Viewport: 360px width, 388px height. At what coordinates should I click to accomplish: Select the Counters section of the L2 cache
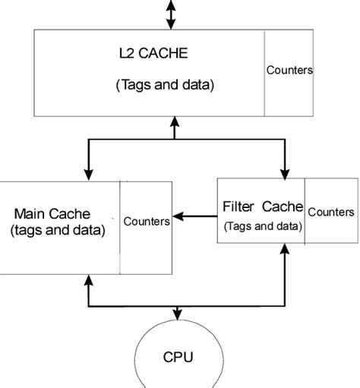tap(289, 71)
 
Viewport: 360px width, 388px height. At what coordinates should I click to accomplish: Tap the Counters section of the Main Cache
tap(146, 222)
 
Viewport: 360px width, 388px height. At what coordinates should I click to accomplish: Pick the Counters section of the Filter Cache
tap(330, 212)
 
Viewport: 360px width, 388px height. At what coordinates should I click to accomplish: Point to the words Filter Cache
tap(262, 207)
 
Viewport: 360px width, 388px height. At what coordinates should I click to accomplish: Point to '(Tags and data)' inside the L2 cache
tap(165, 86)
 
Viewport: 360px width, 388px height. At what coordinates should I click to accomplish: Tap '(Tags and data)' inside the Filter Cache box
tap(262, 226)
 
